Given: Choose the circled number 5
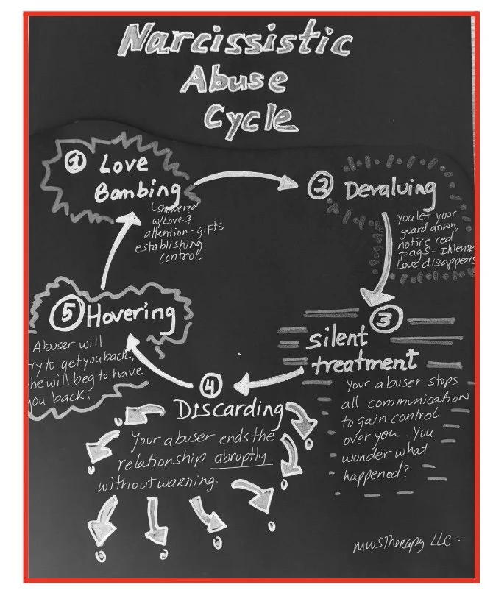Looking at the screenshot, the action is click(x=68, y=315).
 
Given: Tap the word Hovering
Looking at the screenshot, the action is click(x=130, y=316).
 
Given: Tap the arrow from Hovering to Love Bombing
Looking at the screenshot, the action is click(x=118, y=246).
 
